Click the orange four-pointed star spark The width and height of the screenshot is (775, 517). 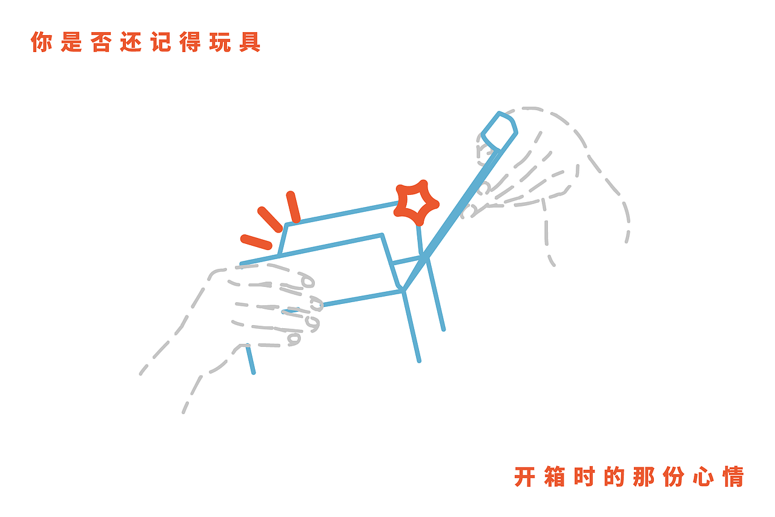coord(416,201)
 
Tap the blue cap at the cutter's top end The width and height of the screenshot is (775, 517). coord(500,130)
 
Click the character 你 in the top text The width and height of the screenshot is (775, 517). coord(42,42)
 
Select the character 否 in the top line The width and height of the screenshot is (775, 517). coord(101,42)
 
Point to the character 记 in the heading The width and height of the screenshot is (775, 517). coord(161,42)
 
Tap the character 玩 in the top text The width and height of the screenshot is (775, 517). coord(220,42)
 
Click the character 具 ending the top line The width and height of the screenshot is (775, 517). coord(250,42)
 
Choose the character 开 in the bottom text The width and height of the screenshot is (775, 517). coord(525,476)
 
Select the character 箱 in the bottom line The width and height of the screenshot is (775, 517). coord(555,476)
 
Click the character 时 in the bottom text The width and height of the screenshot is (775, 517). coord(584,476)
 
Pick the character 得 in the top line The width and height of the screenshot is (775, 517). coord(191,42)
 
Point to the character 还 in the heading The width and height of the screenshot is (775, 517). coord(131,42)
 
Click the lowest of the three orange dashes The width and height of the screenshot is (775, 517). coord(256,242)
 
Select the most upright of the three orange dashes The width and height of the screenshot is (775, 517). coord(293,207)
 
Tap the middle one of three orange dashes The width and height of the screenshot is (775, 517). coord(270,219)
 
